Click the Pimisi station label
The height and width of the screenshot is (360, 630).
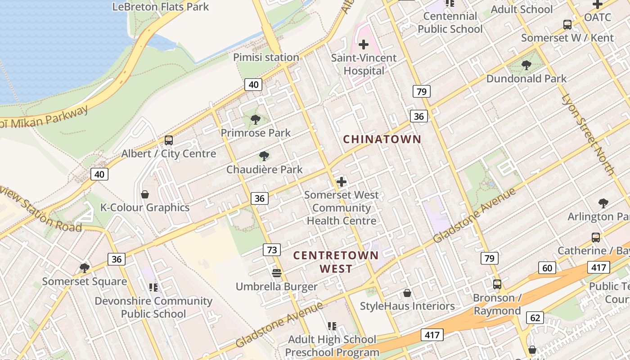click(x=266, y=58)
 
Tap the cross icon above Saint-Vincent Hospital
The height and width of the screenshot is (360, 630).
click(x=364, y=45)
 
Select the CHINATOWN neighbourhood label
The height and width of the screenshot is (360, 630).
click(x=382, y=139)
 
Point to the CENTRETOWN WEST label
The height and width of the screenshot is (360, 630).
click(x=336, y=262)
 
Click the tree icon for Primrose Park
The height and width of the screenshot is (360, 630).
click(x=255, y=119)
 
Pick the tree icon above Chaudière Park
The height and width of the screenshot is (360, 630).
click(x=264, y=156)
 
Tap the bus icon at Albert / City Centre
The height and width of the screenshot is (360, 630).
click(x=169, y=140)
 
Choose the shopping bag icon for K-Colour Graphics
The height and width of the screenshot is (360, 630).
click(x=145, y=194)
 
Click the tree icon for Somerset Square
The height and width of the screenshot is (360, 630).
click(x=84, y=268)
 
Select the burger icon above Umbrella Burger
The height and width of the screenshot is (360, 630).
click(x=277, y=273)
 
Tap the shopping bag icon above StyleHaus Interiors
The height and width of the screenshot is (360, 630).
click(x=407, y=293)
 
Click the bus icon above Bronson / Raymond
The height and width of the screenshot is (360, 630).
click(x=497, y=284)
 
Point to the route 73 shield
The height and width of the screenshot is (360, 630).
click(x=272, y=250)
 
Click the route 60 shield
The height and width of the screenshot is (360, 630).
click(x=547, y=268)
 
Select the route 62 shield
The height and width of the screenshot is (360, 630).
click(x=535, y=318)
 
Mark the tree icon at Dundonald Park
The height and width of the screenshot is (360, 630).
click(x=526, y=65)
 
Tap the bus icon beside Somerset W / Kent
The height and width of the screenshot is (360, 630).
click(x=567, y=25)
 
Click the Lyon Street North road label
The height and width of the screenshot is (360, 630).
click(x=588, y=135)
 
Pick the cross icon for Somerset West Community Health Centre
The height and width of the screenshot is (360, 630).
click(x=342, y=182)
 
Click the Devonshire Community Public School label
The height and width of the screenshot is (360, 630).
click(x=153, y=307)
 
